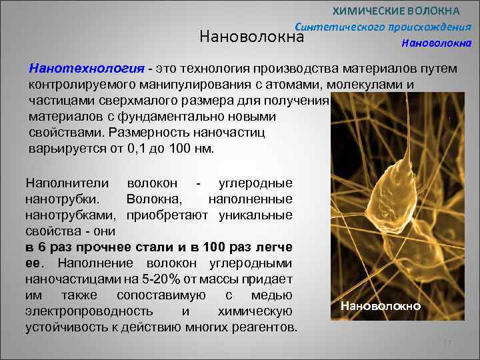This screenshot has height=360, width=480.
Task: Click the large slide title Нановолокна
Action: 252,37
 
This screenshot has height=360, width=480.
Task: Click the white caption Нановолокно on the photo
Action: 381,306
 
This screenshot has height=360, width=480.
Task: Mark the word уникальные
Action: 257,215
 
